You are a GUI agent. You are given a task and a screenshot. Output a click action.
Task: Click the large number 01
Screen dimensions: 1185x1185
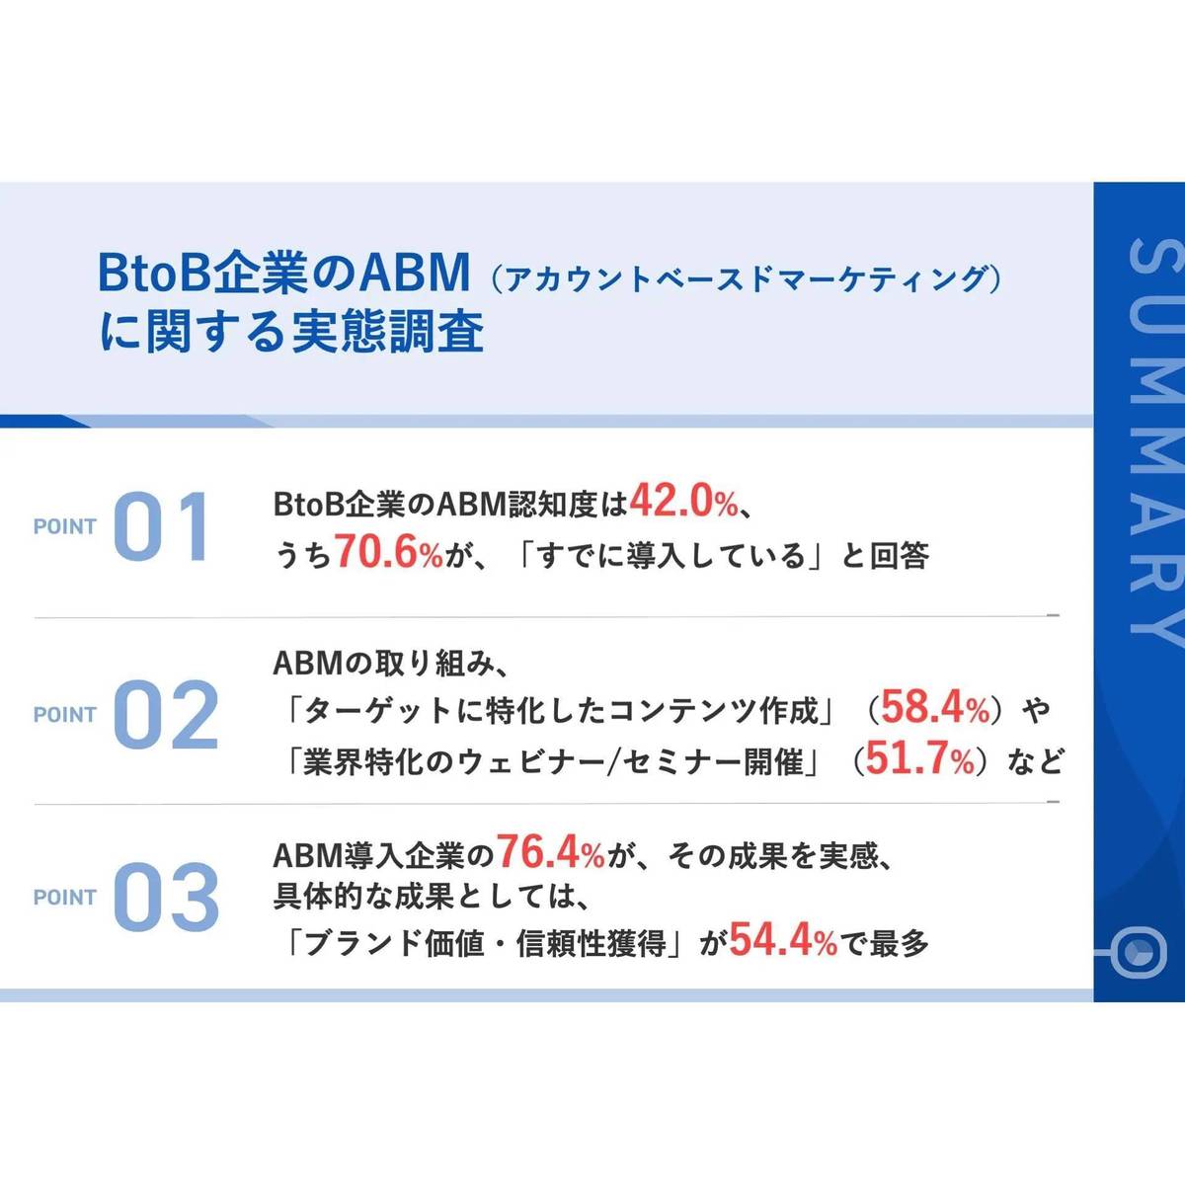point(160,527)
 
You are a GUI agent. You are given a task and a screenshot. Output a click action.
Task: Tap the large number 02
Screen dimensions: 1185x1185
point(165,715)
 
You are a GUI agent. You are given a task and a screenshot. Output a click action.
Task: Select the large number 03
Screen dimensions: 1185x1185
point(165,897)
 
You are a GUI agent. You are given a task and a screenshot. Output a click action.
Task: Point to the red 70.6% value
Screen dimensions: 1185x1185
point(388,553)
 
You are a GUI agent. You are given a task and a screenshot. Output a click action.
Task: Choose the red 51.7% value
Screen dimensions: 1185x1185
point(919,759)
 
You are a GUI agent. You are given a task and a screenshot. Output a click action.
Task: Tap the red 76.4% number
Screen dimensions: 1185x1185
point(550,851)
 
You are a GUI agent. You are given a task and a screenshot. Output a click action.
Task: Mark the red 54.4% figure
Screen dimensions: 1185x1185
point(783,942)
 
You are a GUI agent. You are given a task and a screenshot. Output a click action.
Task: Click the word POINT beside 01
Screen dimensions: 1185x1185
point(65,527)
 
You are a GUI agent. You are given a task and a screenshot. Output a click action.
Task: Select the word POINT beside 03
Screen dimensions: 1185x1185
point(65,898)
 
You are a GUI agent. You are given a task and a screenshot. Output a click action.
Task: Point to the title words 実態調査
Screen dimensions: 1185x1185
point(387,333)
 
